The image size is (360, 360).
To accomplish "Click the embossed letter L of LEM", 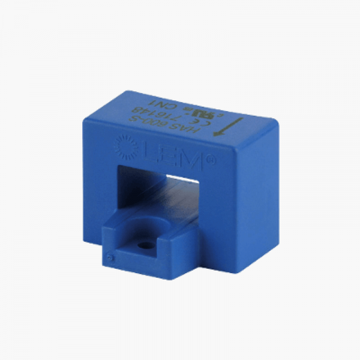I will click(x=146, y=147).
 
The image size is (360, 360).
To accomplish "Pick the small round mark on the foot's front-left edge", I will click(x=109, y=257).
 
